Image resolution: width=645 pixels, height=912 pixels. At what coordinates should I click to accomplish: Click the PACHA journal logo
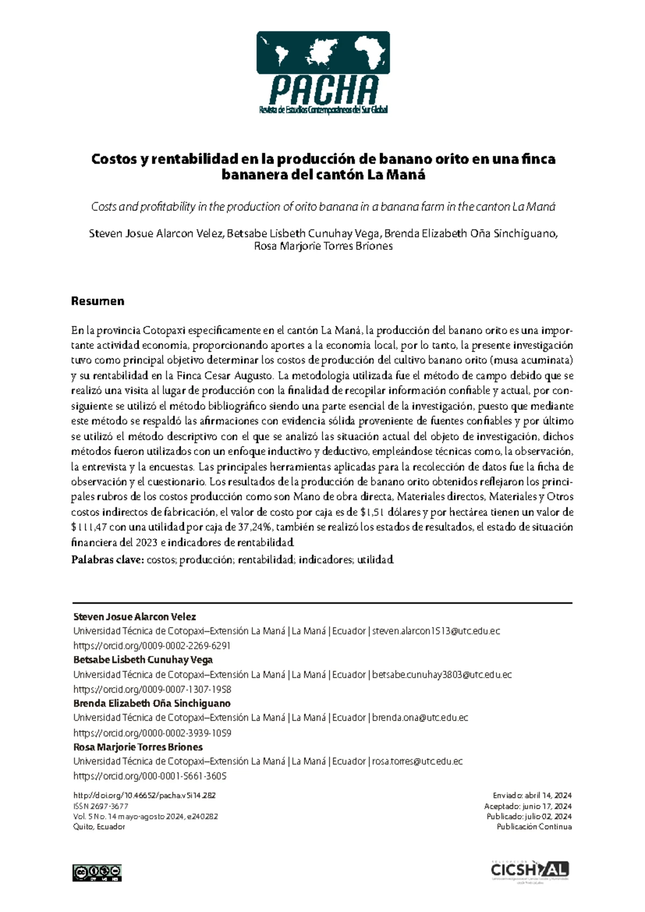(x=322, y=73)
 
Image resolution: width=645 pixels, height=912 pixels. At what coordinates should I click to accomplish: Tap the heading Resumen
(x=97, y=301)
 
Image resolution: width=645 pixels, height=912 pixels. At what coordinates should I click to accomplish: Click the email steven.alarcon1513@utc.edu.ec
(x=436, y=631)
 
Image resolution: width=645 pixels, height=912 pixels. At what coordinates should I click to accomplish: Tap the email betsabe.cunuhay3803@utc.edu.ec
(x=441, y=675)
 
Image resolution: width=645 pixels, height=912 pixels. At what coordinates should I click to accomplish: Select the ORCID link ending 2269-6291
(x=152, y=646)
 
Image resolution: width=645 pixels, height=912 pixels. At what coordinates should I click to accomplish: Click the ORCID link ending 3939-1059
(x=152, y=733)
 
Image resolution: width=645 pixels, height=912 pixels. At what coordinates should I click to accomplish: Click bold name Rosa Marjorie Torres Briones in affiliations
(x=138, y=747)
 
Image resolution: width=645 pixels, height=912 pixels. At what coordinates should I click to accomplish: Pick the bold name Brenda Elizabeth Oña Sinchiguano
(x=152, y=703)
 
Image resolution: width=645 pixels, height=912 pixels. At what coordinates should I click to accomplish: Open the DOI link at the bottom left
(x=144, y=795)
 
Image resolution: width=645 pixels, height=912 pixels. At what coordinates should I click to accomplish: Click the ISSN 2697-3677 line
(x=101, y=806)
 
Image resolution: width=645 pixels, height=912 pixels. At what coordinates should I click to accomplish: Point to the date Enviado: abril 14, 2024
(x=532, y=795)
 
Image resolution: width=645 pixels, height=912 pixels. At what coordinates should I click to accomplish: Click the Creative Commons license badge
(x=97, y=872)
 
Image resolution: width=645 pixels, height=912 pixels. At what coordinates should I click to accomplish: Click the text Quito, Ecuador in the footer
(x=99, y=826)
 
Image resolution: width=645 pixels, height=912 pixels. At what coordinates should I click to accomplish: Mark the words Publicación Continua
(x=534, y=826)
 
